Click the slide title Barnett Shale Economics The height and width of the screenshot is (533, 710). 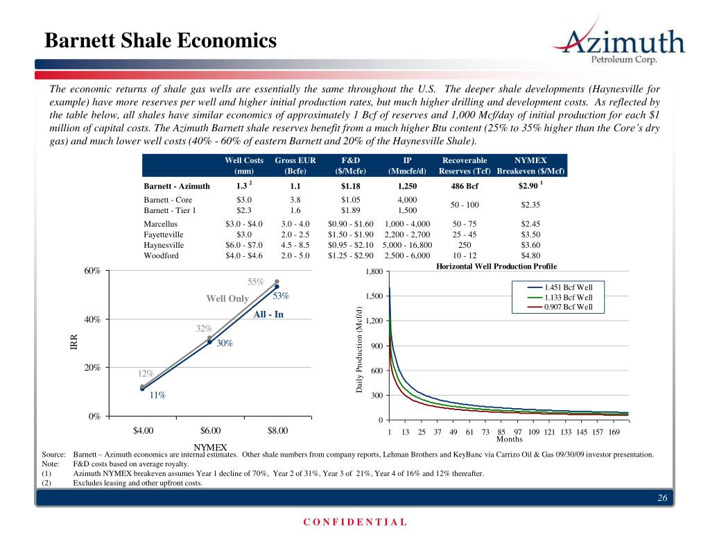pyautogui.click(x=160, y=41)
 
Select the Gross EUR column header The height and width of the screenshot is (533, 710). pyautogui.click(x=295, y=166)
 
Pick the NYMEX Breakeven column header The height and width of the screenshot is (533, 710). pyautogui.click(x=531, y=166)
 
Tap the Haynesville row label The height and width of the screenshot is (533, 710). pyautogui.click(x=164, y=245)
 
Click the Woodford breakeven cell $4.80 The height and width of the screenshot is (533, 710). pyautogui.click(x=530, y=255)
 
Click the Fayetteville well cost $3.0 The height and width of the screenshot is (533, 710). pyautogui.click(x=239, y=235)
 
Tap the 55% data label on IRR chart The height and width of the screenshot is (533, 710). pyautogui.click(x=257, y=282)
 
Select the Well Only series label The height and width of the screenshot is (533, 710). pyautogui.click(x=227, y=298)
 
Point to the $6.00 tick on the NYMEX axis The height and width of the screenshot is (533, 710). pyautogui.click(x=211, y=430)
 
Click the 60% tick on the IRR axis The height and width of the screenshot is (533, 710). pyautogui.click(x=92, y=271)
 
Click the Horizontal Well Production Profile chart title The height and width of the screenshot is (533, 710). pyautogui.click(x=496, y=266)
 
